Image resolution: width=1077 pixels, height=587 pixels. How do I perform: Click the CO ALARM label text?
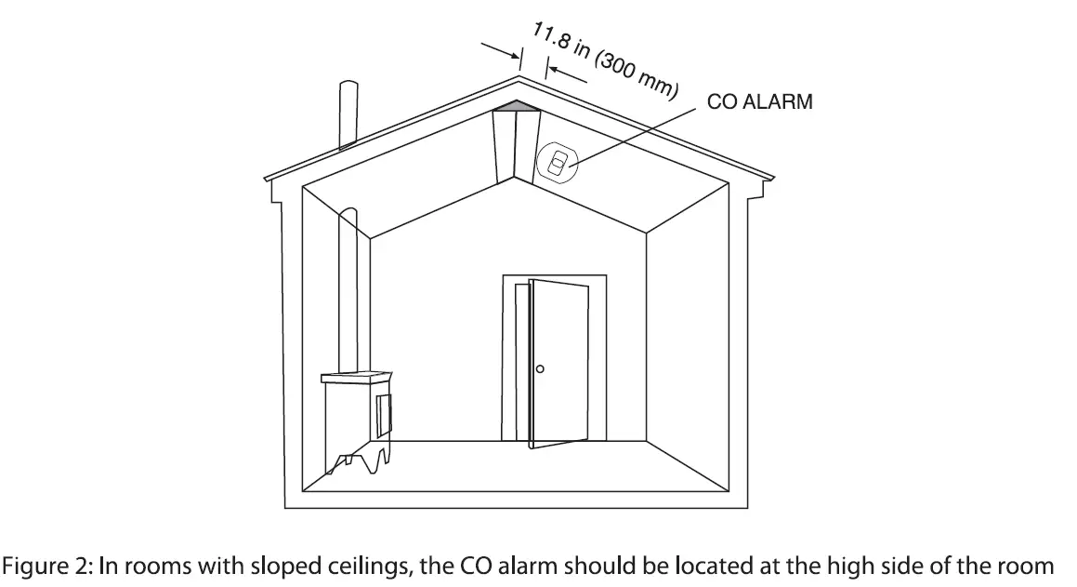(759, 102)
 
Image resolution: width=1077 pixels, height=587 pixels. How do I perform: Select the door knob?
(540, 369)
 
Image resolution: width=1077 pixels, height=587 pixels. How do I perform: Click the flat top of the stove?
(357, 377)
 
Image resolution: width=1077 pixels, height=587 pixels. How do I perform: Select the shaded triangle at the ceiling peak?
(516, 108)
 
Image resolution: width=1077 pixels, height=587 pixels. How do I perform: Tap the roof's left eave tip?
(266, 178)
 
